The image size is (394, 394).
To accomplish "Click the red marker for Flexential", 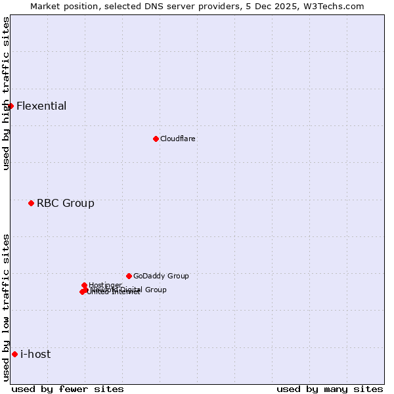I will pos(11,106).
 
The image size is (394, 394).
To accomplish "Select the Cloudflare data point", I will pos(156,139).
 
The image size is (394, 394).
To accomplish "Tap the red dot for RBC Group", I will pos(31,203).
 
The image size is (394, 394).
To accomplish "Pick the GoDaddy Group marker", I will pos(129,276).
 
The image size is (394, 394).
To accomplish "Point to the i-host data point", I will pos(14,354).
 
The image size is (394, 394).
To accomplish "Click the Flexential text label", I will pos(41,106).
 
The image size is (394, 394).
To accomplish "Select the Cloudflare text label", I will pos(177,139).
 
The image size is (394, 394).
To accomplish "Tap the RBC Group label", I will pos(65,203).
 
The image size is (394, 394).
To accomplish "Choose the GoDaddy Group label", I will pos(160,276).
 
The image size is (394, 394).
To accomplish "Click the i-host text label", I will pos(35,354).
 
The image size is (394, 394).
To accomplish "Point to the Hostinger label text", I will pos(105,285).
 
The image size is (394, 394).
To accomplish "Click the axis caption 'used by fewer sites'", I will pos(68,389).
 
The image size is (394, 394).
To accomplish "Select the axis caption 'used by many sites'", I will pos(329,389).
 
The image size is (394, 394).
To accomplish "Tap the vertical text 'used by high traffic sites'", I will pos(6,94).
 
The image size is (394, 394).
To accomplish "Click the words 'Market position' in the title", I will pos(61,6).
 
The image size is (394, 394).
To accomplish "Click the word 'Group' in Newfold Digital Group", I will pos(155,290).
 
